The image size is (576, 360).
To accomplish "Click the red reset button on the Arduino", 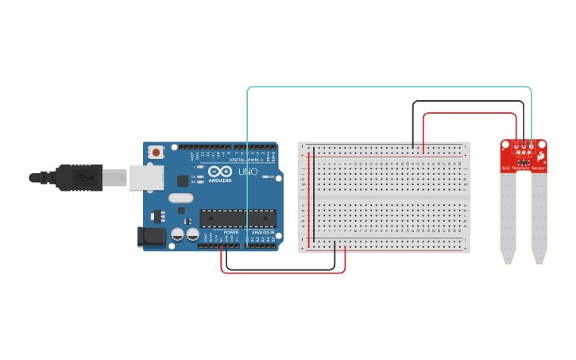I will click(157, 152).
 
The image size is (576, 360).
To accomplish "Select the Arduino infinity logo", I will click(220, 171).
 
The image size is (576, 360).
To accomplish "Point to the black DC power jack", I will click(151, 236).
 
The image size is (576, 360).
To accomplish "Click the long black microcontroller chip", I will click(238, 218).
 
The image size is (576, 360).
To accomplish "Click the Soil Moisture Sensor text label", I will click(524, 168).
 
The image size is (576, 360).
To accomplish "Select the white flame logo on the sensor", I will click(540, 157).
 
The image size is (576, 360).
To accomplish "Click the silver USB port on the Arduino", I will click(146, 177).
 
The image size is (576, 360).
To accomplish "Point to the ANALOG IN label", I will click(262, 233).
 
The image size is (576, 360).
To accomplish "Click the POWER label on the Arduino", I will click(230, 233).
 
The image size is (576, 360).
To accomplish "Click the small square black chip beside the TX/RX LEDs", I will click(183, 180).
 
